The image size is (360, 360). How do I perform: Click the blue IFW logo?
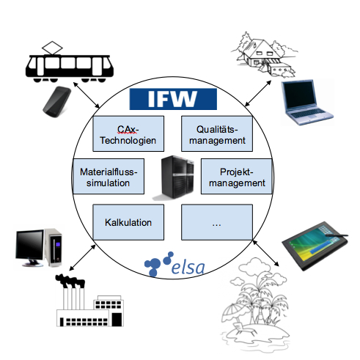[173, 99]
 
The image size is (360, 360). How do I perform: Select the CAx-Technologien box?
[128, 133]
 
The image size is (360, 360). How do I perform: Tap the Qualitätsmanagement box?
[217, 133]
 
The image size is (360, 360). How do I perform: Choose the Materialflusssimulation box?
[109, 177]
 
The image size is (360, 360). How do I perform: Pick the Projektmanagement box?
[237, 177]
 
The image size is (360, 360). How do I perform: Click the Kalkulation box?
[128, 222]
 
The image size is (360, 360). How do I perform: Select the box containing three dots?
[217, 222]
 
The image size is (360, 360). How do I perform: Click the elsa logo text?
[188, 267]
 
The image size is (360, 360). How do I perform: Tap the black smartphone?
[57, 102]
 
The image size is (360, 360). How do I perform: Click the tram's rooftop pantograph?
[52, 48]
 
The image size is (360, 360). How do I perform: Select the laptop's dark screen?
[298, 95]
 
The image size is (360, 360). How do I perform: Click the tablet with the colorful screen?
[315, 246]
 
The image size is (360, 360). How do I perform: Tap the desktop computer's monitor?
[30, 248]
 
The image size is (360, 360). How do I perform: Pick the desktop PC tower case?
[54, 247]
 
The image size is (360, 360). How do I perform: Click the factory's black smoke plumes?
[70, 282]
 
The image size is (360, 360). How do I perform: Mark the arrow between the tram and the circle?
[87, 95]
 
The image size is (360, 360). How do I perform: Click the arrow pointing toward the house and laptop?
[258, 93]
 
